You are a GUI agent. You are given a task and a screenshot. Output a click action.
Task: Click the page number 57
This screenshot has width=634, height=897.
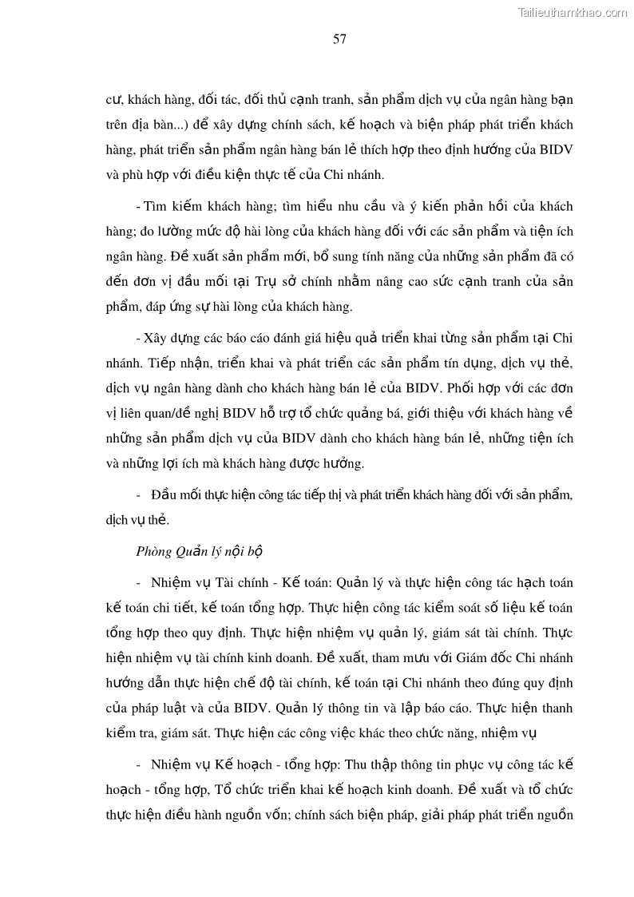(339, 40)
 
